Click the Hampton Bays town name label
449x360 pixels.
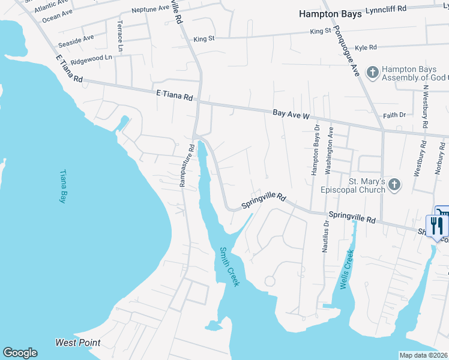point(331,14)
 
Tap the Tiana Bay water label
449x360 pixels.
point(62,186)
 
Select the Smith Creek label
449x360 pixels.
point(229,266)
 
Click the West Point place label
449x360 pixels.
point(78,343)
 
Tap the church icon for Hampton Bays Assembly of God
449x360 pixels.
point(372,73)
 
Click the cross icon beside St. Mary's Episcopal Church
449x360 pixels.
point(394,184)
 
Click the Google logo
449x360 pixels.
point(20,353)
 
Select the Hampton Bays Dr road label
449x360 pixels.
point(315,154)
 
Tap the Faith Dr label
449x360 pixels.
point(394,115)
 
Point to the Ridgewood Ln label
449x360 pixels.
point(91,58)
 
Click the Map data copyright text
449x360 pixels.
point(423,355)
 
